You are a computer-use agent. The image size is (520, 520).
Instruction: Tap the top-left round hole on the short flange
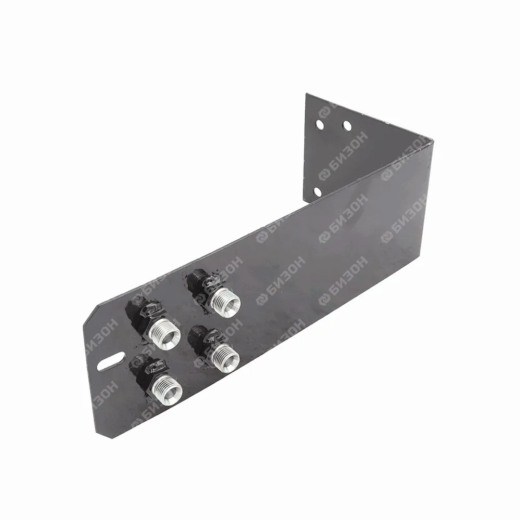320,124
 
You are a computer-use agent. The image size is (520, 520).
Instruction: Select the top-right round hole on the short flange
347,126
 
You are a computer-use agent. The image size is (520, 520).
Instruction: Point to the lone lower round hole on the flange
317,192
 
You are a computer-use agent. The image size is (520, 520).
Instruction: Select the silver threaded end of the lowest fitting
168,389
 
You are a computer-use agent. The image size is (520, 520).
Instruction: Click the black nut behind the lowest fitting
147,370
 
